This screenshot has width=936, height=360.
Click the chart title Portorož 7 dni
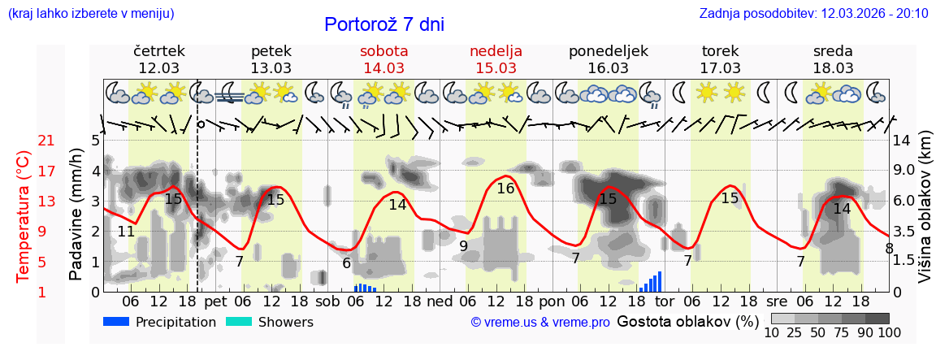[383, 24]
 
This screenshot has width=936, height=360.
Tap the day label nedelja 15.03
[496, 59]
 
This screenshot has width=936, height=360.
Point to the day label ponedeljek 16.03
[608, 59]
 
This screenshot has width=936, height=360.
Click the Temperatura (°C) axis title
[24, 216]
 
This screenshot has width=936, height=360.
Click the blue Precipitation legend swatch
[116, 322]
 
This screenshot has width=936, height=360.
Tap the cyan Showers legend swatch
[239, 322]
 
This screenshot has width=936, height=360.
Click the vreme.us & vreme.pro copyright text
[540, 323]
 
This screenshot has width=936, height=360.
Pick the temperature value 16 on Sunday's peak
[505, 189]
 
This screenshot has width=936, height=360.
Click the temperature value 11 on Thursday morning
[126, 232]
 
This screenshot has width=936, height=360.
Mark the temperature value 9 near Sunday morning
[463, 245]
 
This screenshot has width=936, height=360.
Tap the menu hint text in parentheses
[90, 13]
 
